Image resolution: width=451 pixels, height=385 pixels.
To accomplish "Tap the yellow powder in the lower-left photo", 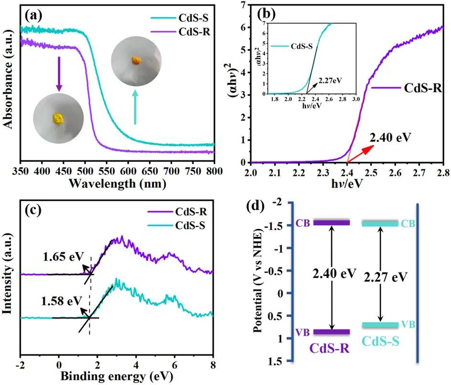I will tap(57, 118).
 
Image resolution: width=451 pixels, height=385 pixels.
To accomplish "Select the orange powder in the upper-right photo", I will tap(136, 61).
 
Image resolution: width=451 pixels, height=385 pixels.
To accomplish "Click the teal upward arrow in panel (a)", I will tap(135, 107).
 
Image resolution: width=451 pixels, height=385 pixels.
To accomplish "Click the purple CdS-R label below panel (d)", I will tap(329, 347).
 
